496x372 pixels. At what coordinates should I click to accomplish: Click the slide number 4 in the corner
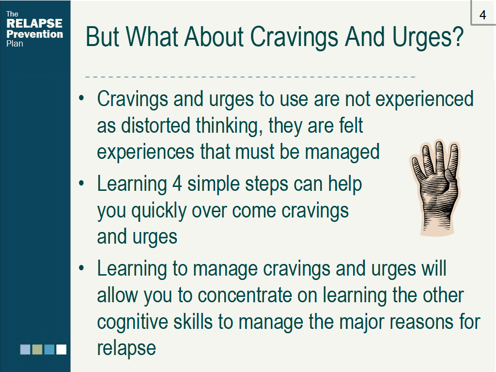point(482,15)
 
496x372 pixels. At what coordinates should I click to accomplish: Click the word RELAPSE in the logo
point(34,23)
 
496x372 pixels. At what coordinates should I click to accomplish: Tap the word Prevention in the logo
point(35,34)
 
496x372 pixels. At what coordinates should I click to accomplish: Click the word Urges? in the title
point(428,38)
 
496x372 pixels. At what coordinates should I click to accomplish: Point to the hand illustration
point(435,187)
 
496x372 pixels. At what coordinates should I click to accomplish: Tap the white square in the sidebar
point(62,350)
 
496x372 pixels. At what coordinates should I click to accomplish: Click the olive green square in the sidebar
point(37,350)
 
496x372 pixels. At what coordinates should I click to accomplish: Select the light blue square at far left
point(25,350)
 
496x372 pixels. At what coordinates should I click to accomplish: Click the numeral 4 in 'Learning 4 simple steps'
point(177,184)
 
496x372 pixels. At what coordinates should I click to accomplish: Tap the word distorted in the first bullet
point(155,125)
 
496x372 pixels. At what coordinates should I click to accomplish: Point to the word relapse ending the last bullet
point(126,349)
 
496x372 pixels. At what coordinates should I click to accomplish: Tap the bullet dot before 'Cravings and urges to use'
point(81,98)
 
